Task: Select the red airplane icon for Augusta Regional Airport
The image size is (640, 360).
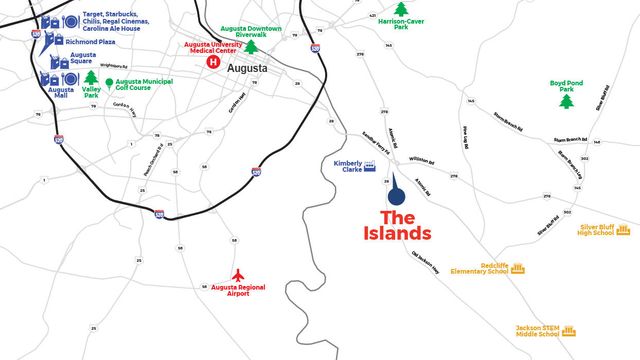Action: point(237,274)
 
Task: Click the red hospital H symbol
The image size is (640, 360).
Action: point(212,62)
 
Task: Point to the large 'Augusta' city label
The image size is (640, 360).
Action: point(248,68)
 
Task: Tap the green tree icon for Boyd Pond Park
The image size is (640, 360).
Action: point(566,101)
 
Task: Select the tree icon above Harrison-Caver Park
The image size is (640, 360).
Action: point(402,9)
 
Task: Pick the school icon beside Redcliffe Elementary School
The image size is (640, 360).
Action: point(518,269)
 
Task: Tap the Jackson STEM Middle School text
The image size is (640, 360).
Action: point(538,329)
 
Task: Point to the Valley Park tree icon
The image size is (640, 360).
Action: point(91,77)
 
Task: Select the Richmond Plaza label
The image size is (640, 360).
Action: point(91,42)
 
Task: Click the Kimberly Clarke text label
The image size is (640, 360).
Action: point(347,166)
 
